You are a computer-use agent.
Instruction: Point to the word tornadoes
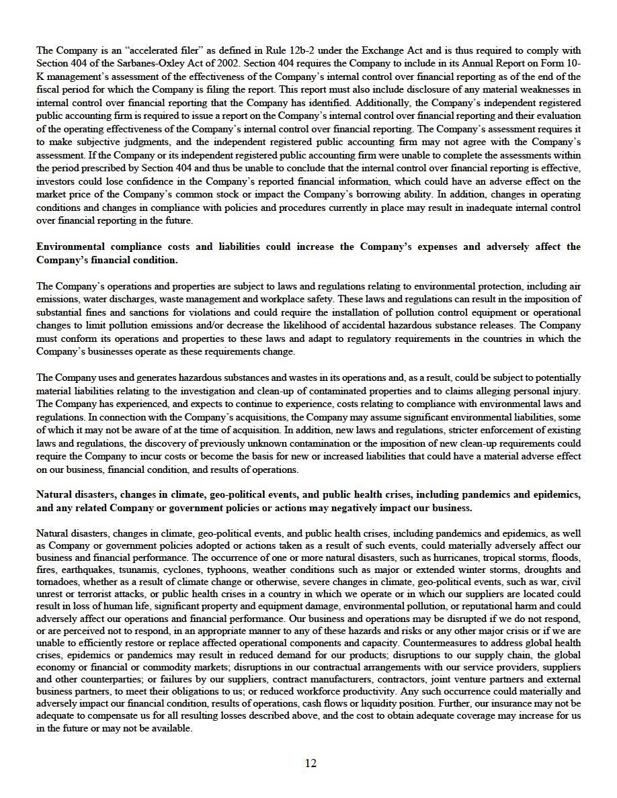pos(58,584)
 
